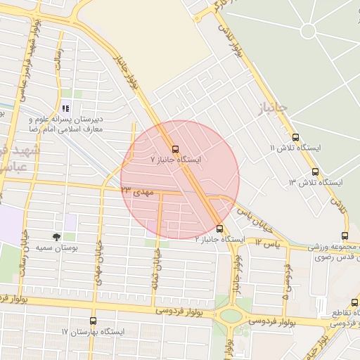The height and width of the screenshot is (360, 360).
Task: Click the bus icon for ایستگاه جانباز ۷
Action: [175, 149]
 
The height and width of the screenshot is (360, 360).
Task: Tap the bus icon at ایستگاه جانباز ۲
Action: [220, 229]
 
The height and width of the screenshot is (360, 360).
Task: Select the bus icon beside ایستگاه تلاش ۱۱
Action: [295, 138]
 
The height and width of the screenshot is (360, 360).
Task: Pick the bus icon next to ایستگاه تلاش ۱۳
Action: [314, 172]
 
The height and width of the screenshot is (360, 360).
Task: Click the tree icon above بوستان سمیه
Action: [56, 237]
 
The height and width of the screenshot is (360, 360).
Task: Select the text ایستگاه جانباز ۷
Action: [176, 160]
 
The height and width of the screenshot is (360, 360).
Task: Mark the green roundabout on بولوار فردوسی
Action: [230, 316]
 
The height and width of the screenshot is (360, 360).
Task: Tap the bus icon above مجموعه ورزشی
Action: [345, 236]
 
